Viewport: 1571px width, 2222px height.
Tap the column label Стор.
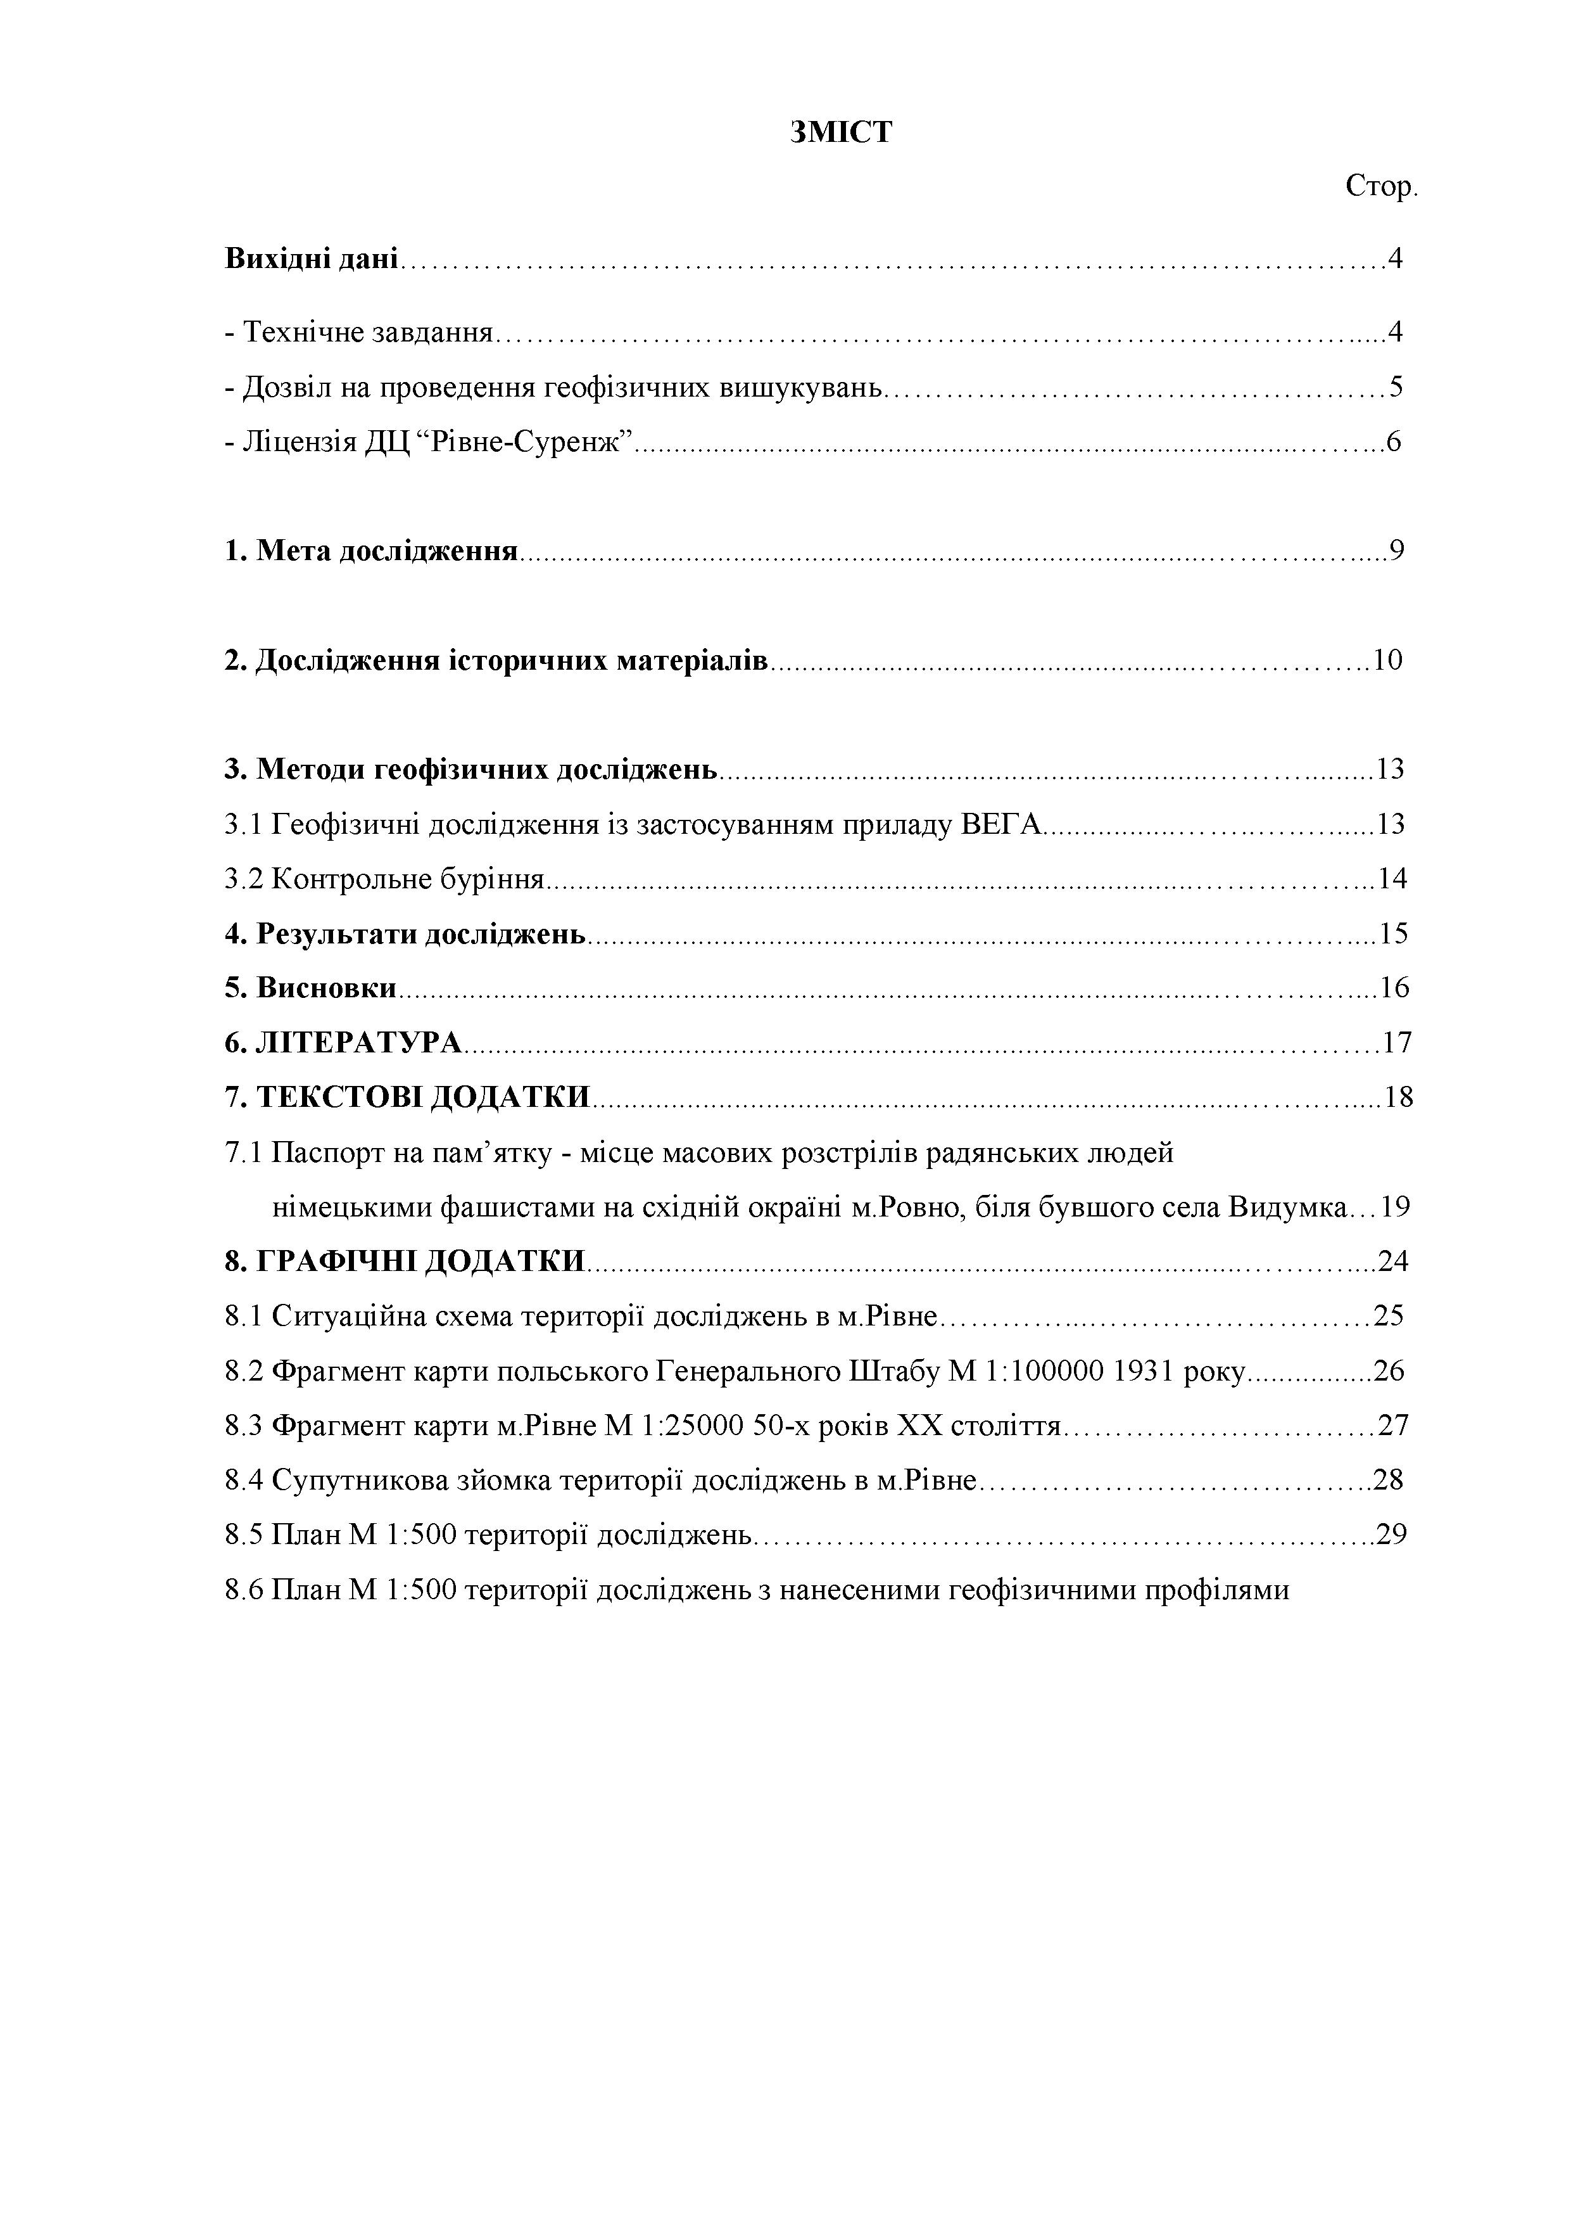1380,187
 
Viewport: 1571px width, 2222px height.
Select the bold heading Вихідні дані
310,259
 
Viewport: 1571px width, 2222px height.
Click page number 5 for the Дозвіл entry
1395,387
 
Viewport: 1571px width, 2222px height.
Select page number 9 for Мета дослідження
1395,551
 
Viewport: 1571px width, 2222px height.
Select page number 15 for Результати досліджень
1393,934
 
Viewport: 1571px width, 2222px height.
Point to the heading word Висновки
326,988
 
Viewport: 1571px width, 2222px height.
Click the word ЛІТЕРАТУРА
358,1044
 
